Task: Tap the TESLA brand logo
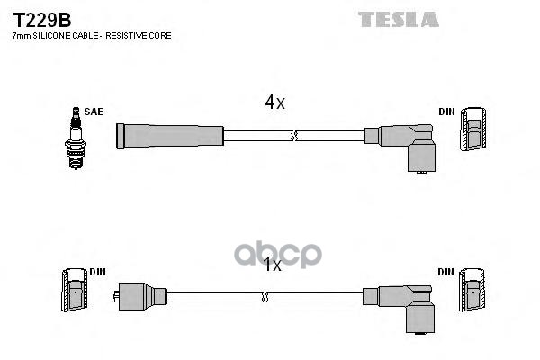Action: [399, 19]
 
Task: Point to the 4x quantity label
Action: [274, 103]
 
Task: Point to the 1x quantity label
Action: [273, 265]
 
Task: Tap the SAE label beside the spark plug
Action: [94, 112]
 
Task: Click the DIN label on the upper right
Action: [446, 112]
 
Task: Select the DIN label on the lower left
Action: [97, 272]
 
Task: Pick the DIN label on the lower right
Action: [446, 272]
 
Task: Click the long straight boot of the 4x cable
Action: [169, 137]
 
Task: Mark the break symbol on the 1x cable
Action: [266, 296]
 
